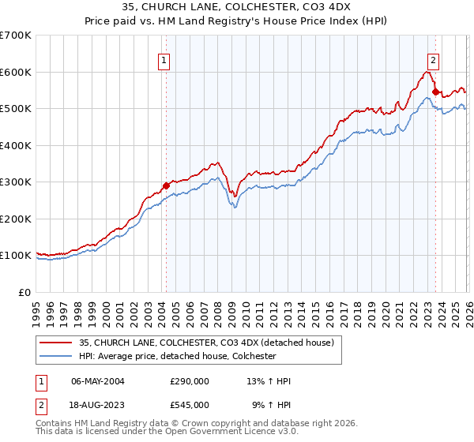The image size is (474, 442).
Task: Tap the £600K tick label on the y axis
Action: tap(16, 72)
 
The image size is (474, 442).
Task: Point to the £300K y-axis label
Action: tap(16, 182)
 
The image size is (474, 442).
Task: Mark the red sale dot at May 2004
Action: tap(166, 185)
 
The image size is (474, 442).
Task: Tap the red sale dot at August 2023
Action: tap(435, 92)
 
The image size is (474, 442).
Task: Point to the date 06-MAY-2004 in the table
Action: tap(98, 381)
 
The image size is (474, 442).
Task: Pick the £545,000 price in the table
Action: tap(190, 404)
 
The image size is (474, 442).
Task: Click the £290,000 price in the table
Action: tap(190, 381)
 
